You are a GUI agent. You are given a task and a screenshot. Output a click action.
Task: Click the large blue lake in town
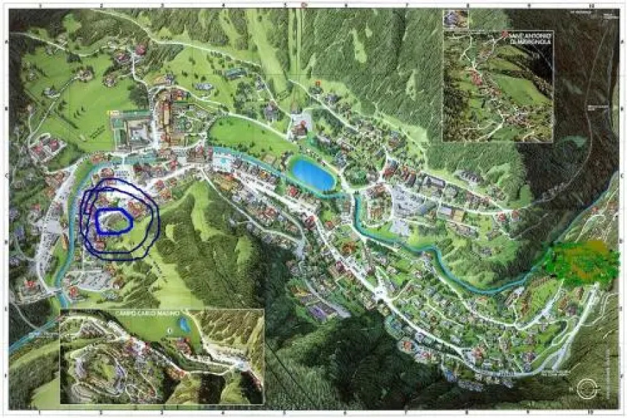312,174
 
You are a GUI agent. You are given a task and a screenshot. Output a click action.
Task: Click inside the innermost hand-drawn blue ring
114,219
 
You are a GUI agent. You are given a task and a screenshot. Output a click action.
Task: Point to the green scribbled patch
581,261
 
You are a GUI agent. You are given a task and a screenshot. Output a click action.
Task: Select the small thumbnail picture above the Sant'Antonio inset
457,19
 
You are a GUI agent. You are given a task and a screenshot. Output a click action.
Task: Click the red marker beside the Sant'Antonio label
506,34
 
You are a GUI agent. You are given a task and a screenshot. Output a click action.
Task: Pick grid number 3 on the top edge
162,5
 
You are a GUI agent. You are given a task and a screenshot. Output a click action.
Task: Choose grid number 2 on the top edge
102,5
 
